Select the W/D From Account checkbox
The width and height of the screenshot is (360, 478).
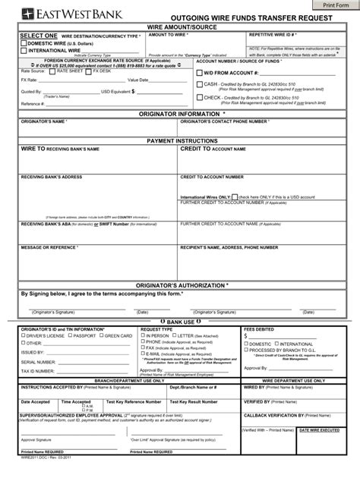point(199,73)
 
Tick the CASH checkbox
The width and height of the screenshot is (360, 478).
point(199,85)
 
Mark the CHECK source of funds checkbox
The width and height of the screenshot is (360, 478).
point(199,97)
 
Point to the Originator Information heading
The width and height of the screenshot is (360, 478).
point(179,114)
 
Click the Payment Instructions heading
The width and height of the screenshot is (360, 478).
point(179,140)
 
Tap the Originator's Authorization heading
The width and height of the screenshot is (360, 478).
point(179,285)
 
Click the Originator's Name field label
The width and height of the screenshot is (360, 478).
point(45,121)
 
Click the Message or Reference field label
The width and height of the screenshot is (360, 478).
point(49,247)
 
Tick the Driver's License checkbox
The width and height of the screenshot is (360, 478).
point(23,335)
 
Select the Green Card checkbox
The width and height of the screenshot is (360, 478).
point(100,335)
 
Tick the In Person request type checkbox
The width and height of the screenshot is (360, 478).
point(144,335)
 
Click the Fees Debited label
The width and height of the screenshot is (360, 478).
point(258,329)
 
